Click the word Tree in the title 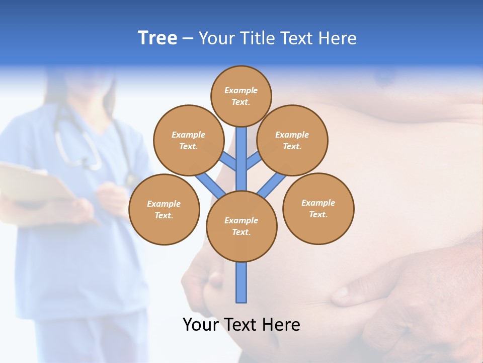click(157, 38)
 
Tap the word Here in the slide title click(337, 38)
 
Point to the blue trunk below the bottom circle click(242, 282)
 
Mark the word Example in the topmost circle click(241, 91)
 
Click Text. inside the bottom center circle click(241, 232)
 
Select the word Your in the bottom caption click(201, 325)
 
